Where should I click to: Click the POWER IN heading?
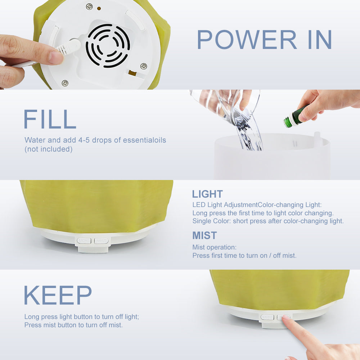click(x=264, y=40)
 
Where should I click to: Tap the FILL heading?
click(x=50, y=119)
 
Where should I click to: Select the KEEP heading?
click(x=58, y=295)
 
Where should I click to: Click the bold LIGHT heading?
click(x=207, y=194)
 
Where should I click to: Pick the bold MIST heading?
click(x=204, y=235)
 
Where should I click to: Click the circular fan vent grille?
click(x=108, y=46)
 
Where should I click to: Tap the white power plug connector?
click(x=69, y=47)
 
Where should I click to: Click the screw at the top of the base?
click(x=89, y=6)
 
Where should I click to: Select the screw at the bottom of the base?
click(x=65, y=83)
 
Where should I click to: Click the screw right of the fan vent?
click(x=144, y=66)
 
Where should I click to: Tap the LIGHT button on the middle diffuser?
click(x=84, y=240)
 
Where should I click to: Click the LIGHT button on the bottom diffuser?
click(x=267, y=317)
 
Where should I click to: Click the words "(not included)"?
click(x=49, y=149)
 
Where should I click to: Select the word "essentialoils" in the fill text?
click(x=144, y=140)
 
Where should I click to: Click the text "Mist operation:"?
click(x=215, y=247)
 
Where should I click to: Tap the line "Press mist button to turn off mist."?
click(x=73, y=325)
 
